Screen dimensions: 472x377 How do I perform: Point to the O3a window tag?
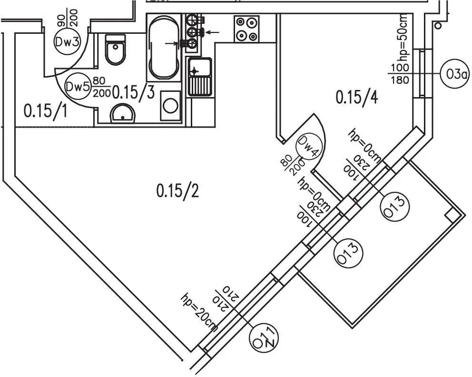click(454, 74)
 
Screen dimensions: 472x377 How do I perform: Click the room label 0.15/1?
click(45, 111)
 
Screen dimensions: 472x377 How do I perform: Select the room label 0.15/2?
click(178, 190)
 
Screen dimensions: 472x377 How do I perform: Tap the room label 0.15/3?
click(133, 92)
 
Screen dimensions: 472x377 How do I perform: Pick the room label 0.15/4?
click(357, 97)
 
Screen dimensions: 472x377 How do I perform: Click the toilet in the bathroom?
click(115, 50)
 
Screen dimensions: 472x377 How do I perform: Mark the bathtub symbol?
click(164, 48)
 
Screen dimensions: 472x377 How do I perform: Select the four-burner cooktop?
click(246, 29)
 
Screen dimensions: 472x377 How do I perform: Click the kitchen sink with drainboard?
click(199, 77)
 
